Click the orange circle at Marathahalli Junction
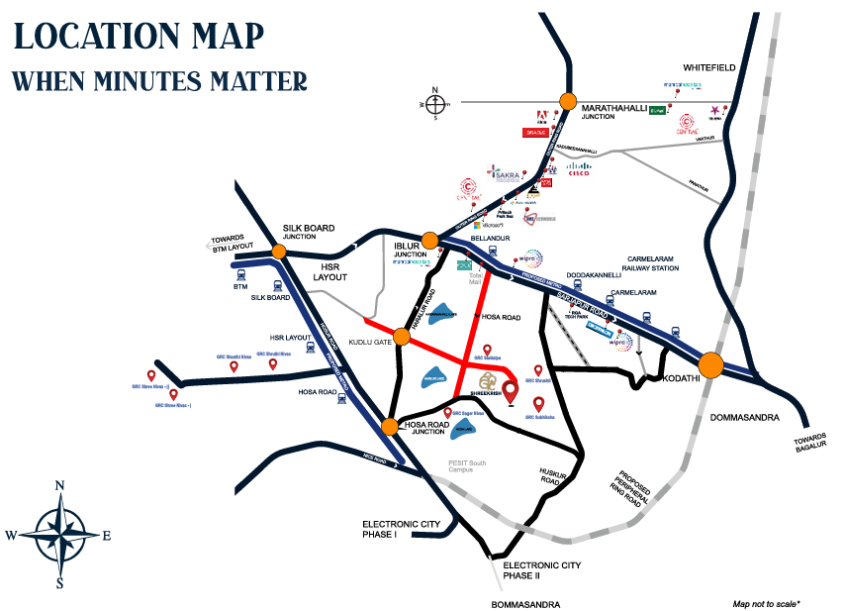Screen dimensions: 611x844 click(568, 100)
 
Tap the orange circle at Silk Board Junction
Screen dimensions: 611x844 click(279, 252)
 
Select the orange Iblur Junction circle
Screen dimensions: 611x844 click(429, 241)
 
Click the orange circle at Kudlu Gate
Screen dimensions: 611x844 click(403, 336)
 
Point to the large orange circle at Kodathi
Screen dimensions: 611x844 click(714, 364)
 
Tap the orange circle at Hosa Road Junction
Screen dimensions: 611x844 click(390, 427)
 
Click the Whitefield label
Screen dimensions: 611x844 click(708, 67)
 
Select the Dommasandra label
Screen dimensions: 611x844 click(745, 418)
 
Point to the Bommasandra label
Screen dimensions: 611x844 click(525, 604)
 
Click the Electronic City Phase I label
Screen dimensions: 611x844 click(394, 529)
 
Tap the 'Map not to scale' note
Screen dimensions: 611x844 click(767, 602)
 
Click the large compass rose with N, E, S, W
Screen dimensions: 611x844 click(59, 535)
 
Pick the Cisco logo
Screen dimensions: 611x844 click(579, 170)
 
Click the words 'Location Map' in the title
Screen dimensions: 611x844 click(139, 36)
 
